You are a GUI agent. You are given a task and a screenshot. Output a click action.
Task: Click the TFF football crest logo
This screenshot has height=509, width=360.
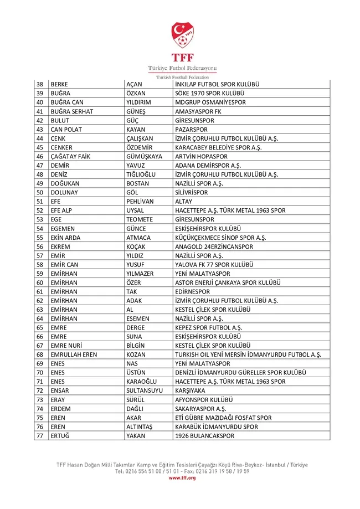(x=182, y=34)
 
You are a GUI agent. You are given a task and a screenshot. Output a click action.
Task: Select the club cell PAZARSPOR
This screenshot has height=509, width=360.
(x=192, y=129)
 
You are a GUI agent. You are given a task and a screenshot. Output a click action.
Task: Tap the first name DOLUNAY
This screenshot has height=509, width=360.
(x=63, y=193)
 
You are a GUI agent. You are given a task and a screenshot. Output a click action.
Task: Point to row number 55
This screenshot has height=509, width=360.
(x=40, y=238)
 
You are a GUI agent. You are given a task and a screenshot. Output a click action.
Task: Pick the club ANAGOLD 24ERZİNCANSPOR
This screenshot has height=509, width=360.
(x=214, y=246)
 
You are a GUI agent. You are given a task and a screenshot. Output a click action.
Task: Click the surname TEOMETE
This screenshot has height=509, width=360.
(x=140, y=219)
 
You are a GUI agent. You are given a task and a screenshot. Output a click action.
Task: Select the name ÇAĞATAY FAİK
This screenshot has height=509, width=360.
(x=70, y=156)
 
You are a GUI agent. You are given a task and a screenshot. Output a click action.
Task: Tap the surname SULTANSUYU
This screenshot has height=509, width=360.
(x=145, y=390)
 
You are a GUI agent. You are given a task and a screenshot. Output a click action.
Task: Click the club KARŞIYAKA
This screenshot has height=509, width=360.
(x=190, y=390)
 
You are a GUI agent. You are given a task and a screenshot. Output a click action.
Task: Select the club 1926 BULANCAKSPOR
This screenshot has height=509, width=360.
(x=204, y=436)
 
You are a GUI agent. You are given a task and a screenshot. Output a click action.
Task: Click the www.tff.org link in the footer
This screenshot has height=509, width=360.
(x=182, y=477)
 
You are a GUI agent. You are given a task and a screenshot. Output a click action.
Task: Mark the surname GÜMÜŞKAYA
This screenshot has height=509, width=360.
(x=145, y=156)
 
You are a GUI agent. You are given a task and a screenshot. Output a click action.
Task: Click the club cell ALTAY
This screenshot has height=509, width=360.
(x=184, y=202)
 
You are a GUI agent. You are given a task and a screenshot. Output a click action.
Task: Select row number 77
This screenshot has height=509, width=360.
(x=40, y=436)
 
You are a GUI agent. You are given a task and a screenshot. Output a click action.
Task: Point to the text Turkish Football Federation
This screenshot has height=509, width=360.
(x=182, y=76)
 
